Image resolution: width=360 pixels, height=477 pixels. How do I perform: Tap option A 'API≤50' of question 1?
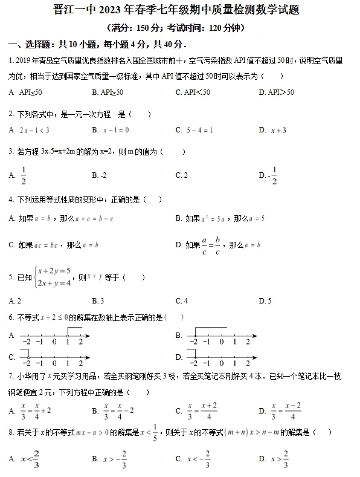pyautogui.click(x=30, y=92)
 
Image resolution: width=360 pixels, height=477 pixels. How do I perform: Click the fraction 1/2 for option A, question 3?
pyautogui.click(x=24, y=175)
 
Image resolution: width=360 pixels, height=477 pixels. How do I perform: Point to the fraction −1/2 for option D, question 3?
pyautogui.click(x=272, y=175)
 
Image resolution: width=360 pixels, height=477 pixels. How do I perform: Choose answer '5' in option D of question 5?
pyautogui.click(x=269, y=300)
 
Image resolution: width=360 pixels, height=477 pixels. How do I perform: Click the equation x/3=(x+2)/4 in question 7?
pyautogui.click(x=202, y=411)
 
